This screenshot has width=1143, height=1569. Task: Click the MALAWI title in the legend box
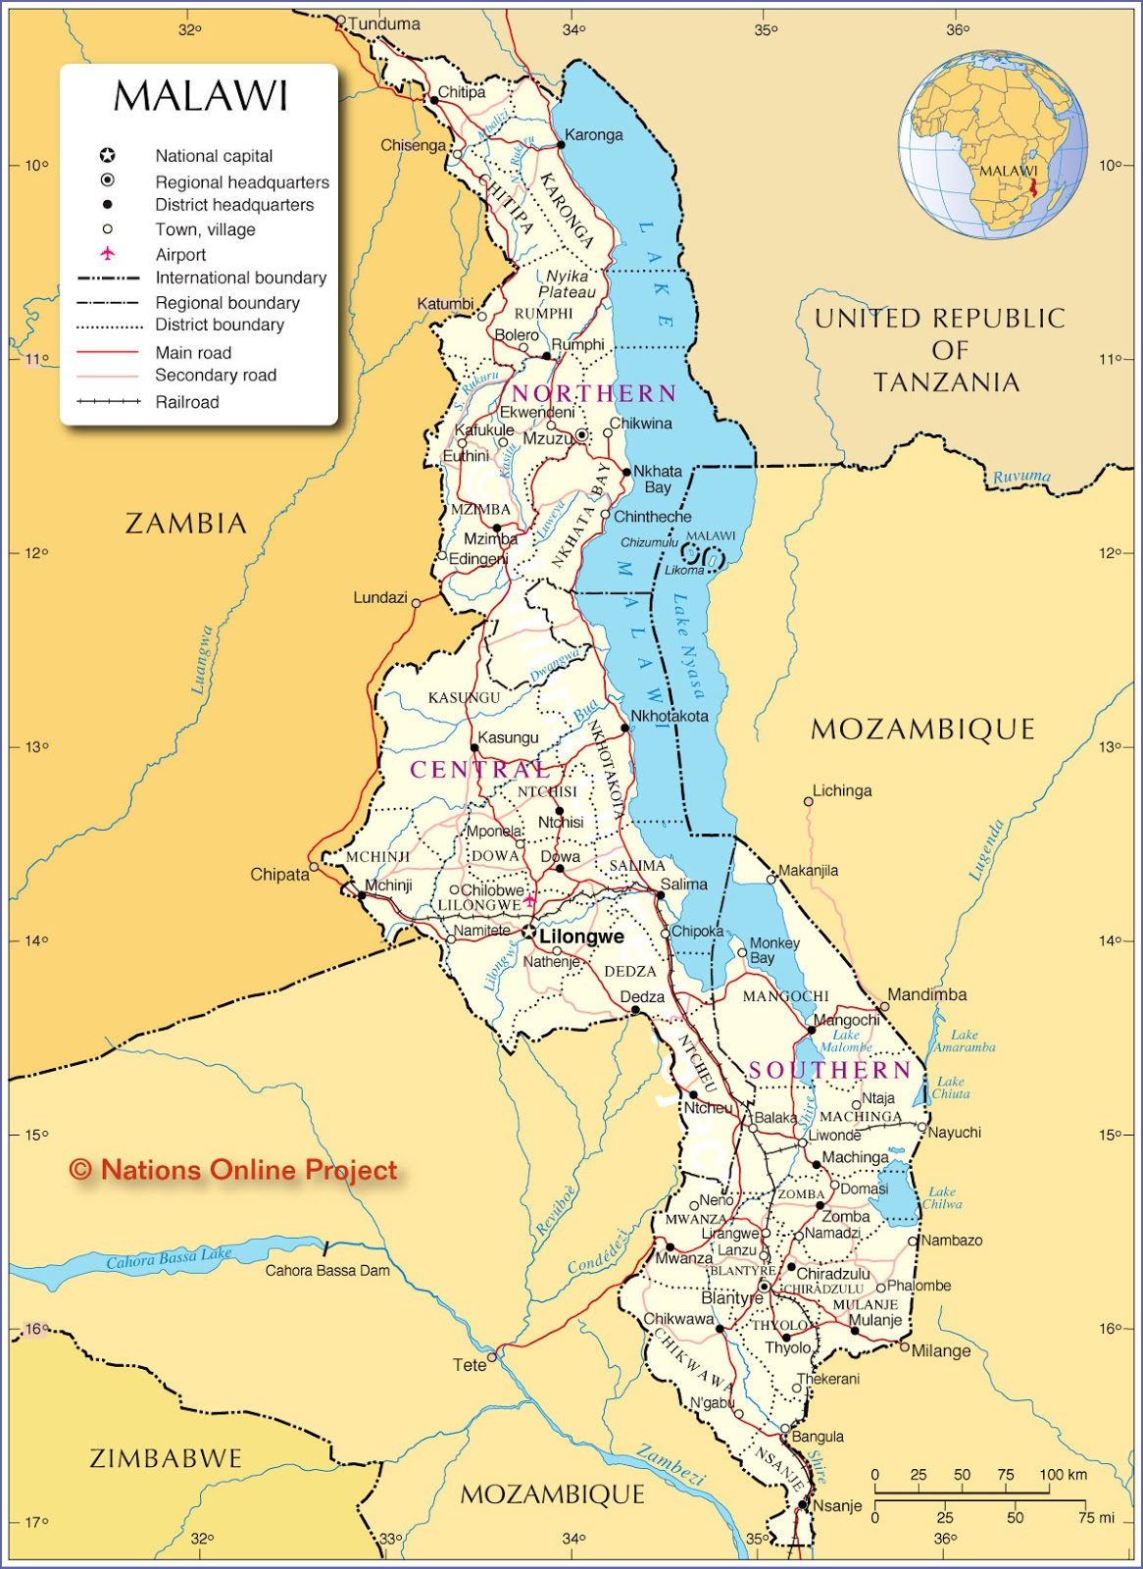[201, 96]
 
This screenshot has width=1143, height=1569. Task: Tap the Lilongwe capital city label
[581, 936]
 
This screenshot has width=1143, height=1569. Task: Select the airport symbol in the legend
[108, 254]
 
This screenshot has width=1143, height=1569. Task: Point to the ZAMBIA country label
[186, 524]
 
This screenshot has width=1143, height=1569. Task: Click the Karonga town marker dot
[561, 144]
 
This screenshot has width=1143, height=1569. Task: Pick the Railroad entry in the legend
[186, 402]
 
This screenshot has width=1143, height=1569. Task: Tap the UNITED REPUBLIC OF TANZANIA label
[940, 350]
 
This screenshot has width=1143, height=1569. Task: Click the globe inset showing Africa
[992, 145]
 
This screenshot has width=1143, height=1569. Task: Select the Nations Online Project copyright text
[233, 1170]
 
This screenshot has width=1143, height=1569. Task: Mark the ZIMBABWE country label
[166, 1458]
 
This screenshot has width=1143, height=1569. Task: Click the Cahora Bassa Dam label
[327, 1271]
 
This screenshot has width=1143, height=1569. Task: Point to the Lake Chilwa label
[941, 1197]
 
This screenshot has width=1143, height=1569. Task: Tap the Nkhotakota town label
[669, 716]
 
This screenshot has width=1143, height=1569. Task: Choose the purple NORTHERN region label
[594, 393]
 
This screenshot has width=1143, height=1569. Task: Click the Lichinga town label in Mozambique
[841, 790]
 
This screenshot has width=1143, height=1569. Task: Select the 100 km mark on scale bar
[1064, 1475]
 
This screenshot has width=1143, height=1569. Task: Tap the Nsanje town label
[837, 1505]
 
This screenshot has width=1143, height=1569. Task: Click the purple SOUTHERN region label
[829, 1070]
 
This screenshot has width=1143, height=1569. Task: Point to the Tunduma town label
[384, 24]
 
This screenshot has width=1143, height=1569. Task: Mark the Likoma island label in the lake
[684, 570]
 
